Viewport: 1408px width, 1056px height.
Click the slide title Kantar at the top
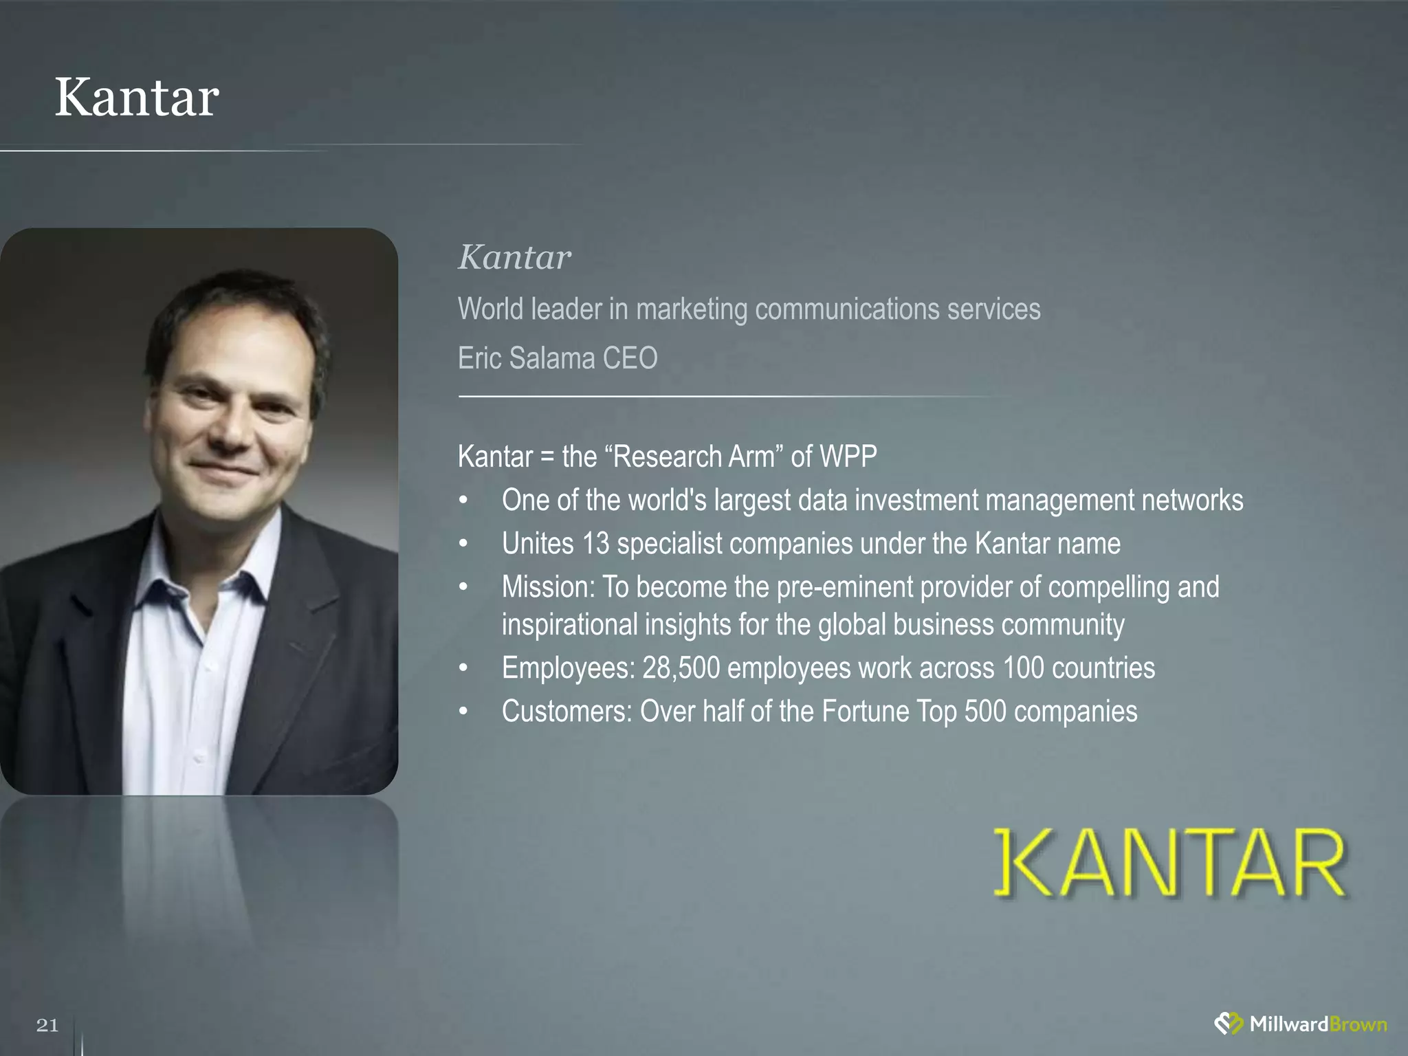coord(137,98)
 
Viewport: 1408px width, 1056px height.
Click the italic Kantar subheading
coord(514,258)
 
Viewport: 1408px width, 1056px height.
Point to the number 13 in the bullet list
coord(595,544)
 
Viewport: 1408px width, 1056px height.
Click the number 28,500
coord(681,668)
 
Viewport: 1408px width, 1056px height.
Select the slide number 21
coord(47,1025)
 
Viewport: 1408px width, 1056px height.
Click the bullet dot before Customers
coord(464,712)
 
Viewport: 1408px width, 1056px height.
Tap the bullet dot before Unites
coord(464,544)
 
